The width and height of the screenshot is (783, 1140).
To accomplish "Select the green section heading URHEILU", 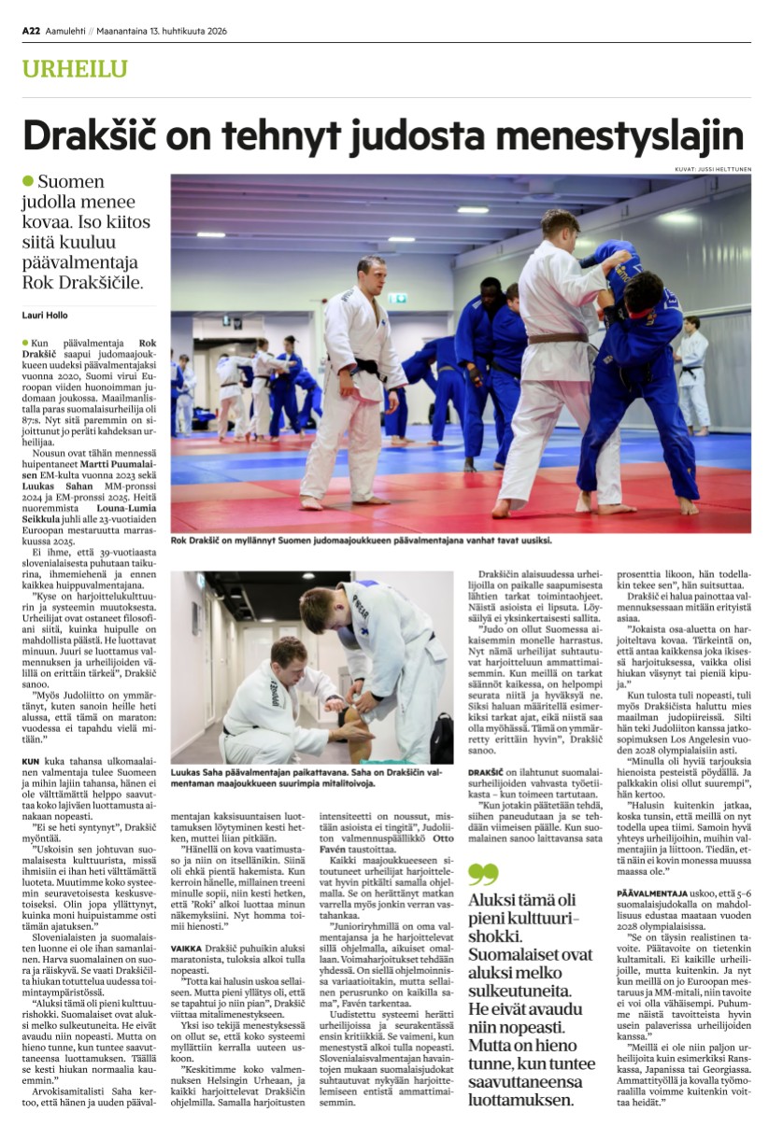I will click(x=75, y=69).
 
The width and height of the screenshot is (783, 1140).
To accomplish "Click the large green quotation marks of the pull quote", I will click(x=483, y=873).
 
